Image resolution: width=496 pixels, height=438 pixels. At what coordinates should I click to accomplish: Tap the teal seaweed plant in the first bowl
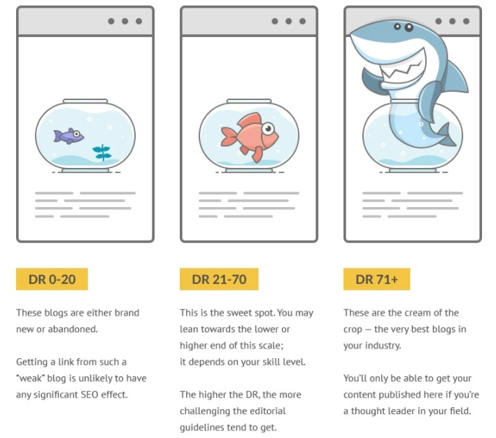(102, 153)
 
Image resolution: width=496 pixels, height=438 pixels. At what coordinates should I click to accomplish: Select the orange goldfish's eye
(268, 128)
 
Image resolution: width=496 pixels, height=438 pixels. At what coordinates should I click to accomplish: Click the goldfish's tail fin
(229, 136)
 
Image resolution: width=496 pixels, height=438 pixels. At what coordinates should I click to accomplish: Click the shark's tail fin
(446, 135)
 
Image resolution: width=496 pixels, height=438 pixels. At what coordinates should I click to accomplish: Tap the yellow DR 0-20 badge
(52, 279)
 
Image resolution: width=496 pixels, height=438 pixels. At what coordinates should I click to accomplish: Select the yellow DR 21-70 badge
(219, 279)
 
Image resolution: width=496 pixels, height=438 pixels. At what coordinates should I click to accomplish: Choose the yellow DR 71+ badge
(377, 279)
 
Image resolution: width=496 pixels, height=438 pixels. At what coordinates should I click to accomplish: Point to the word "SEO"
(90, 395)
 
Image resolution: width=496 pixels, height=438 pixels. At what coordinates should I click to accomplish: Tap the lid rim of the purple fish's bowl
(85, 101)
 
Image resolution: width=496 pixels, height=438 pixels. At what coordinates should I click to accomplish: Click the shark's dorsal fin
(456, 77)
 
